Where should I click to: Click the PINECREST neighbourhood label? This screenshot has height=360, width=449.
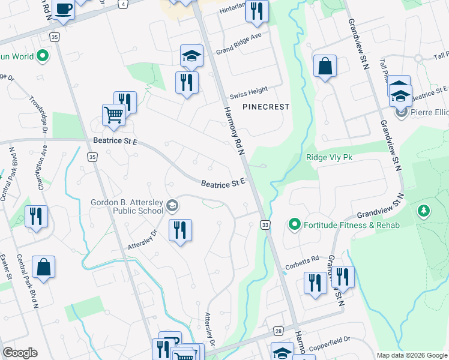coord(266,107)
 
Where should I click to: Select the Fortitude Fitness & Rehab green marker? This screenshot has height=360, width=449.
coord(294,225)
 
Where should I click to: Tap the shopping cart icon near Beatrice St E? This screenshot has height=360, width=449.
coord(113,113)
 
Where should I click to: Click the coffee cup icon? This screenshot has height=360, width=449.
coord(63,9)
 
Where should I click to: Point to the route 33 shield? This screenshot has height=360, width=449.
coord(264,224)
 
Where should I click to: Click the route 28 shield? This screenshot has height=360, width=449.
coord(278,331)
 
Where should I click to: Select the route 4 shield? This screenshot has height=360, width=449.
coord(122,4)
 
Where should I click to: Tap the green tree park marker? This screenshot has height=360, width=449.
coord(424,211)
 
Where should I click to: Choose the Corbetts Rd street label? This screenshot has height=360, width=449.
coord(307,260)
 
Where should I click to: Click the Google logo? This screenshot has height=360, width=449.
coord(19,353)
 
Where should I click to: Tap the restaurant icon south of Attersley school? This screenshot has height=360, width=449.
coord(179,230)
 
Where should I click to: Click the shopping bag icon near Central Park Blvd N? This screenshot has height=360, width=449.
coord(44,267)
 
